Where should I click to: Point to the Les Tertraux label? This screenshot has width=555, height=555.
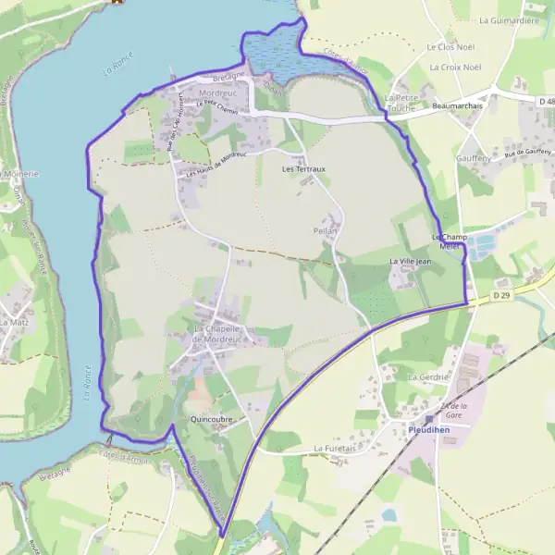(x=302, y=170)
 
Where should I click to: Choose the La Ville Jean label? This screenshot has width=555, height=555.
(x=411, y=262)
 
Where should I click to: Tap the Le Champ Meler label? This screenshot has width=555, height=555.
(x=450, y=241)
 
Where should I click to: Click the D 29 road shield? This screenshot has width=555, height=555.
(x=500, y=295)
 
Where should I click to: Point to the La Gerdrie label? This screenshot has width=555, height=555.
(x=428, y=377)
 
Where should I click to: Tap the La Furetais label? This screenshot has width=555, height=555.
(x=335, y=449)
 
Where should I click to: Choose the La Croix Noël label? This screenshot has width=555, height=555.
(x=456, y=68)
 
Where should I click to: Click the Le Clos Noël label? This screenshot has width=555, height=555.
(x=450, y=46)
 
